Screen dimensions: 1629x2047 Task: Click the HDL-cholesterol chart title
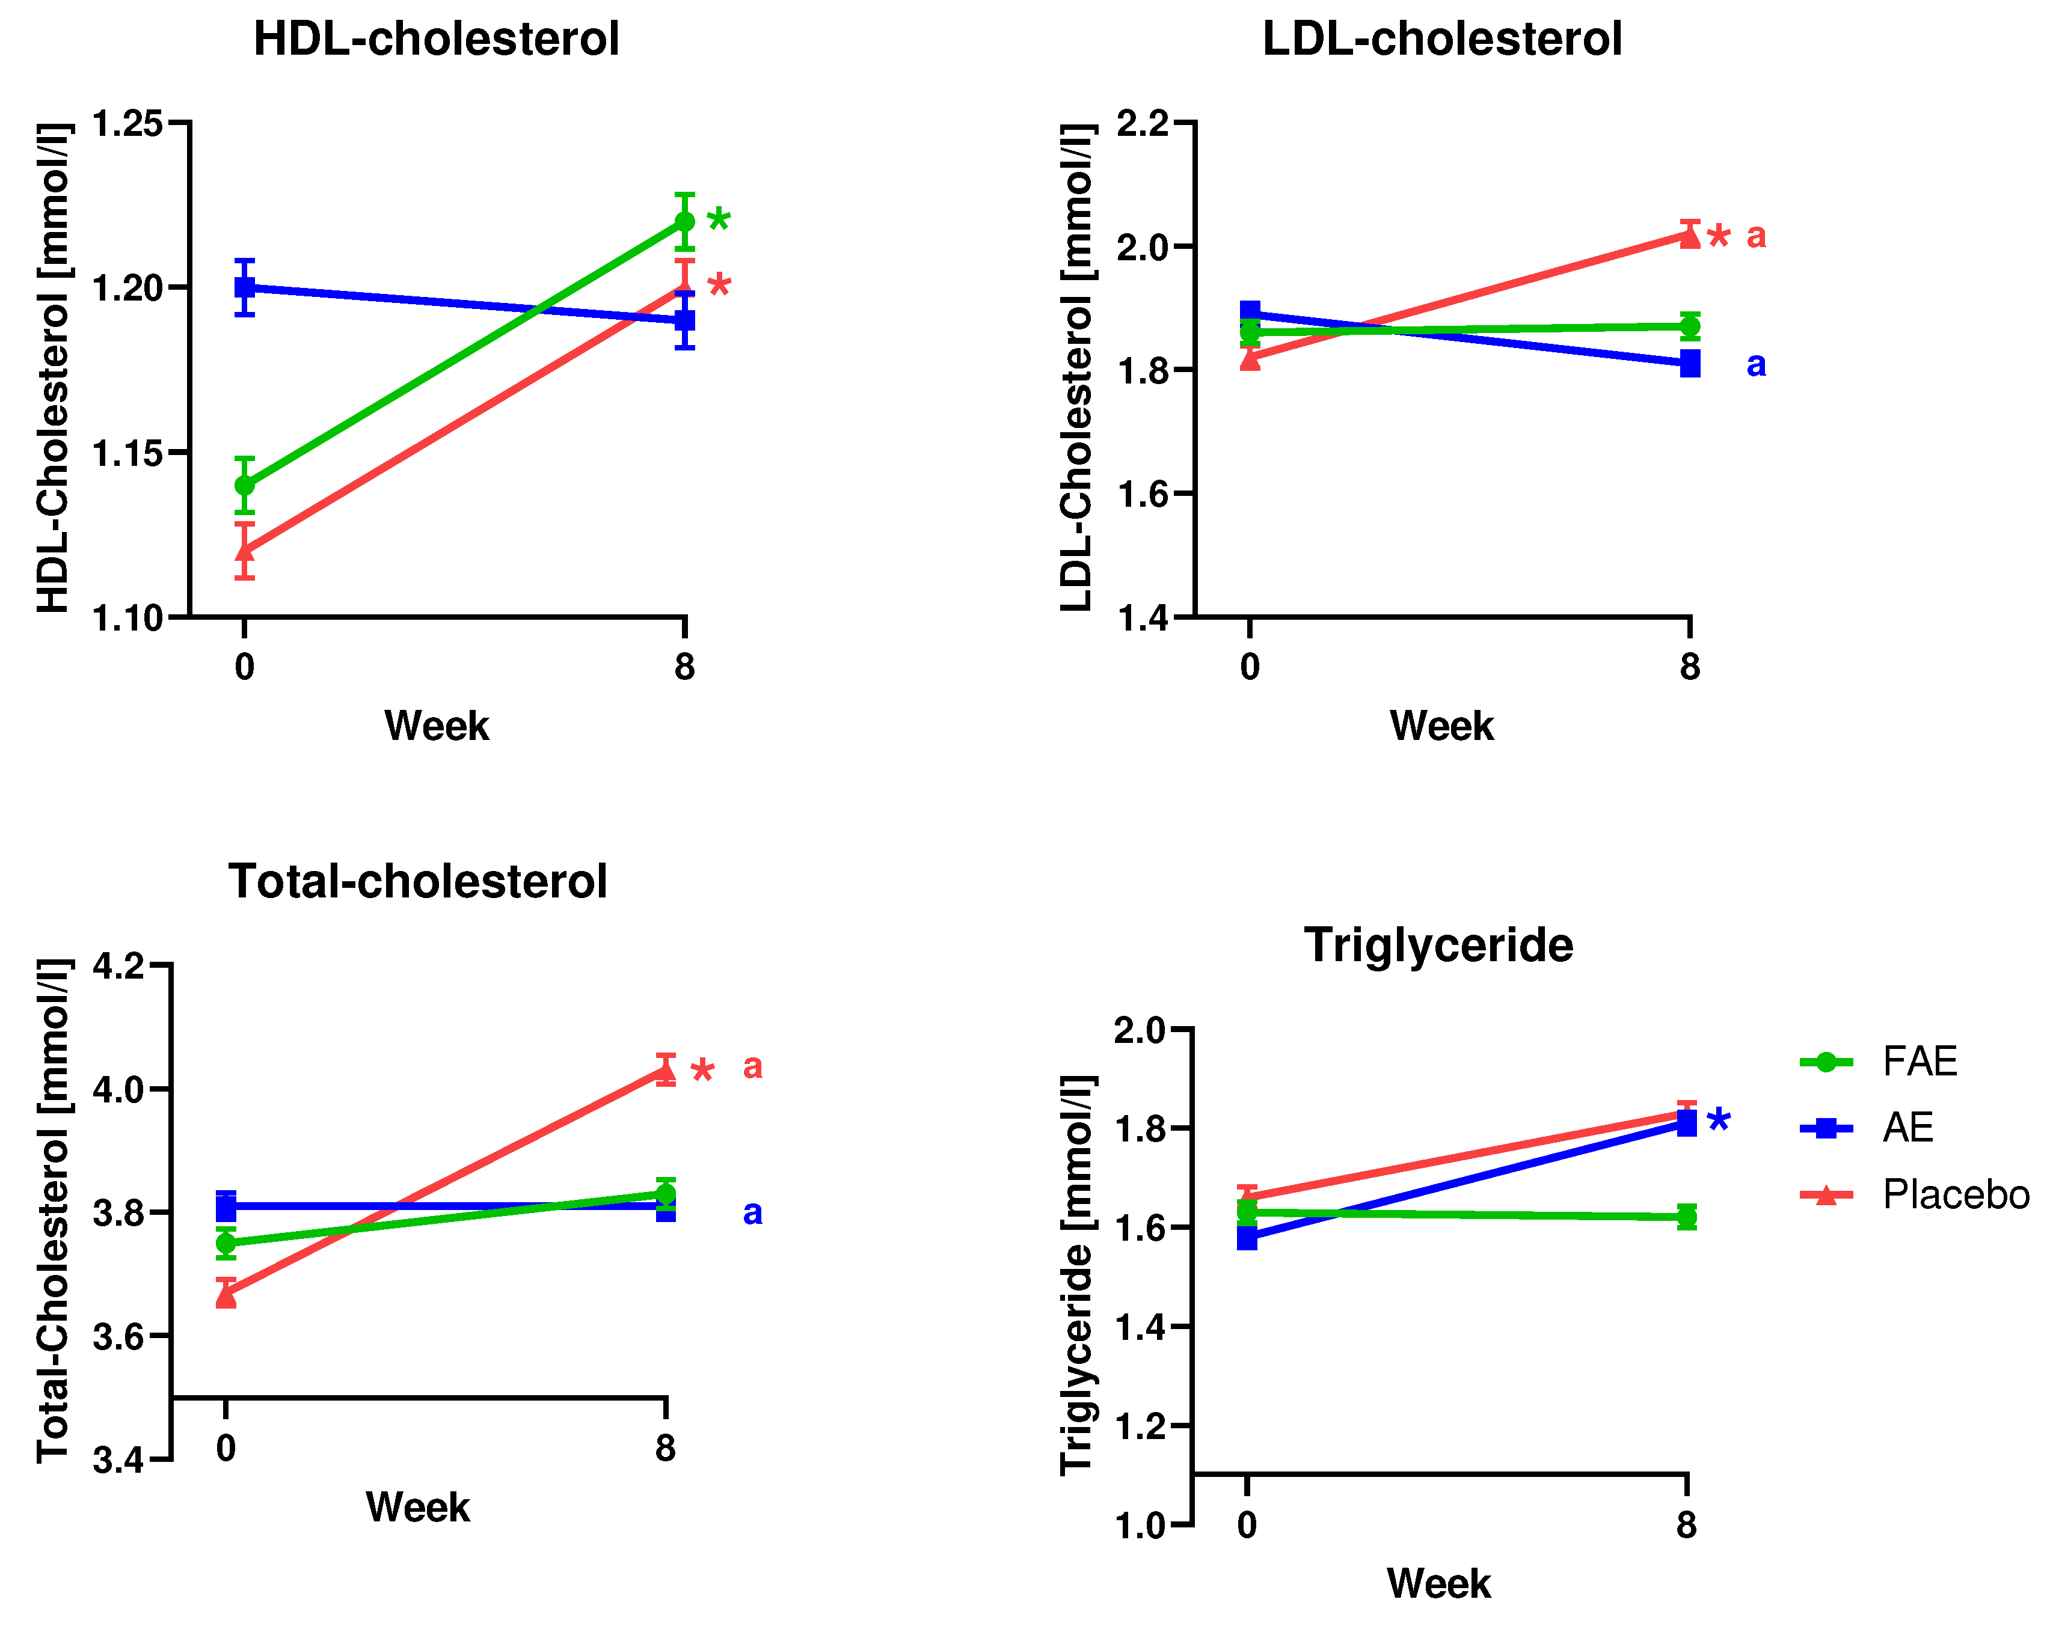[436, 40]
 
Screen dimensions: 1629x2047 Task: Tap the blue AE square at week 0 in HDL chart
[245, 287]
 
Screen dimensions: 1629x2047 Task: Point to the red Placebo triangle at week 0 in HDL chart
[245, 551]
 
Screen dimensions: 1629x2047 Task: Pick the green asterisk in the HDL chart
[719, 221]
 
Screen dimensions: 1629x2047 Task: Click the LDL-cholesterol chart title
[1441, 40]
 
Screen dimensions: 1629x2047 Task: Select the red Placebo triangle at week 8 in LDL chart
[1689, 236]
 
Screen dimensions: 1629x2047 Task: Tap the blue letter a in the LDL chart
[1755, 364]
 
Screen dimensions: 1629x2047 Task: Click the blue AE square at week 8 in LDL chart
[1689, 364]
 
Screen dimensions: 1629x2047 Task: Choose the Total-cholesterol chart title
[418, 882]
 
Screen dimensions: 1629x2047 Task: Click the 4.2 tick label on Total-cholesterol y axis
[118, 967]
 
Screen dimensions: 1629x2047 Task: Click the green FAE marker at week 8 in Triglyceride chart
[1686, 1217]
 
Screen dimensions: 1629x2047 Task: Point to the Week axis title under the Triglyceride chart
[1438, 1585]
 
